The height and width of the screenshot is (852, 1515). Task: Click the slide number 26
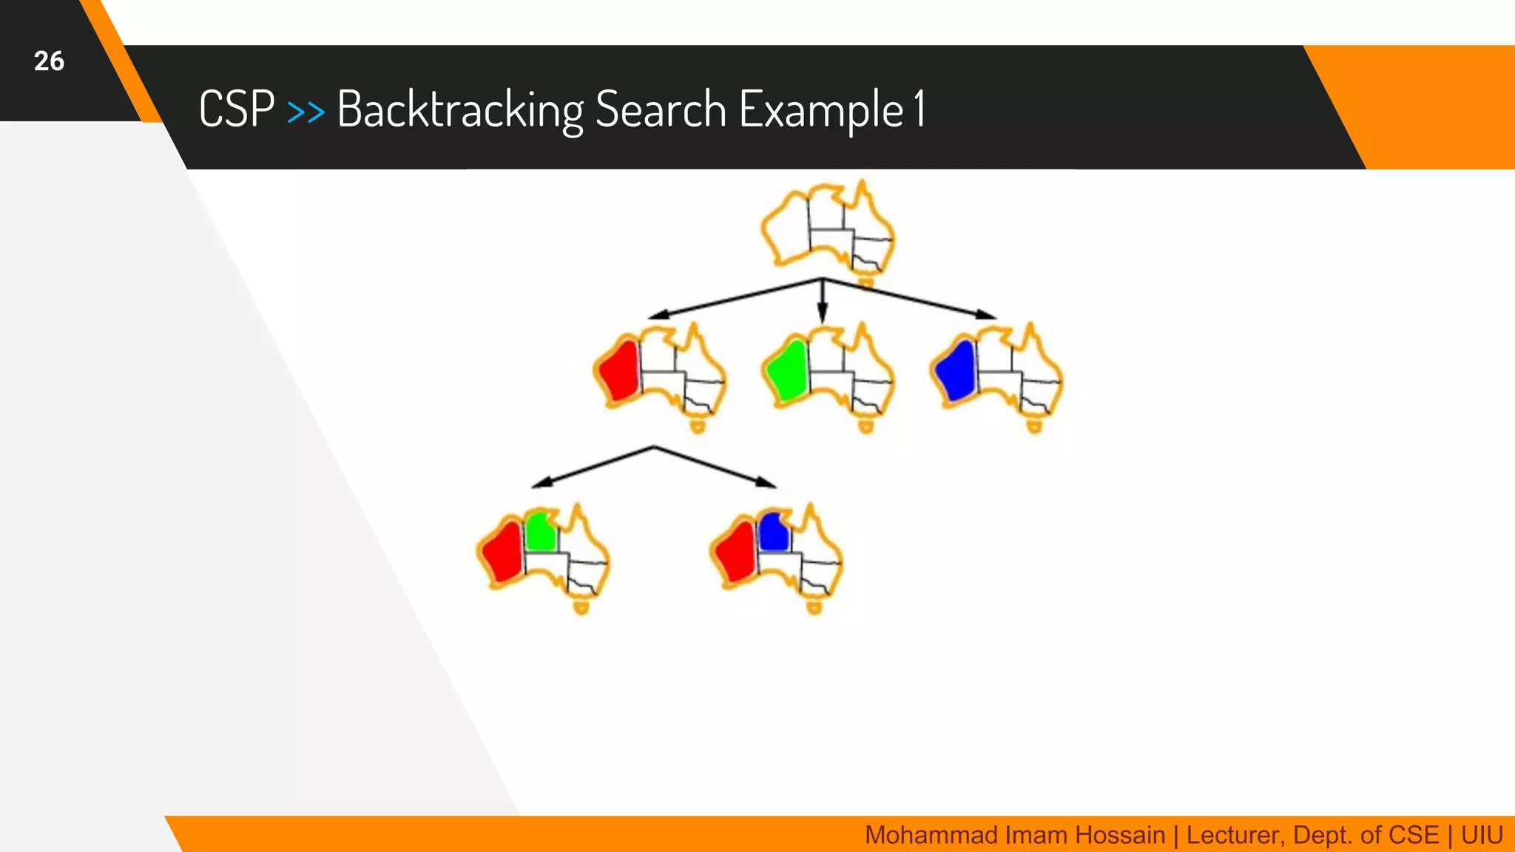pos(49,61)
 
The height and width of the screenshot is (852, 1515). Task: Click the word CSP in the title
pos(237,109)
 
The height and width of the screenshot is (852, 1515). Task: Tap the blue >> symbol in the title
pos(306,112)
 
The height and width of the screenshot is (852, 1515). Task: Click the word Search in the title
pos(661,109)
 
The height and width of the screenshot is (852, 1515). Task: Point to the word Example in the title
pos(821,109)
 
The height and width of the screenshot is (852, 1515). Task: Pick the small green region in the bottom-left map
pos(541,532)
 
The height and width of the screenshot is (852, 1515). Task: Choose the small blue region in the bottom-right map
pos(774,532)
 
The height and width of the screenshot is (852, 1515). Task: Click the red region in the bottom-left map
pos(503,552)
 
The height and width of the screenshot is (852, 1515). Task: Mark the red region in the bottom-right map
pos(736,552)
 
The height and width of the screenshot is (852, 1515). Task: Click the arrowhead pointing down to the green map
pos(822,314)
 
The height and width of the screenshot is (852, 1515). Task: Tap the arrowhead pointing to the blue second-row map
pos(987,314)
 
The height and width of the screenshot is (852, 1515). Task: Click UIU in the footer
pos(1482,835)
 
